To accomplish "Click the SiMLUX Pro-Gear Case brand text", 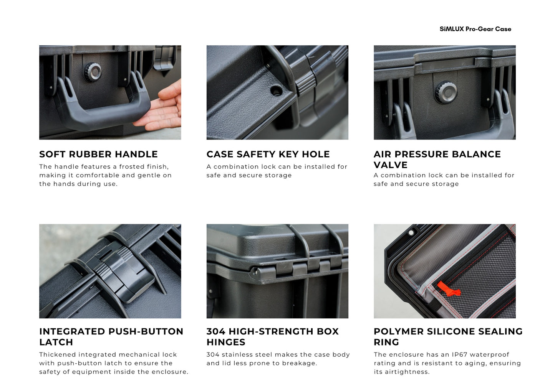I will coord(475,29).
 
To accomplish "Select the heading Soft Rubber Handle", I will coord(98,154).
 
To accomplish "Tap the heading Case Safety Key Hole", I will coord(268,154).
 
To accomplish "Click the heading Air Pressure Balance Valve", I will coord(437,159).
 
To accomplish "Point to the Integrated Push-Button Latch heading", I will coord(111,336).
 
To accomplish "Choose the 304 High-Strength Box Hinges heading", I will coord(272,336).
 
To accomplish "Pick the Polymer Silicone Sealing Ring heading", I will coord(448,336).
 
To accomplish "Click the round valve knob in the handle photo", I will coord(92,71).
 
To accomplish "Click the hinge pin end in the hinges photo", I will coord(254,271).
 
